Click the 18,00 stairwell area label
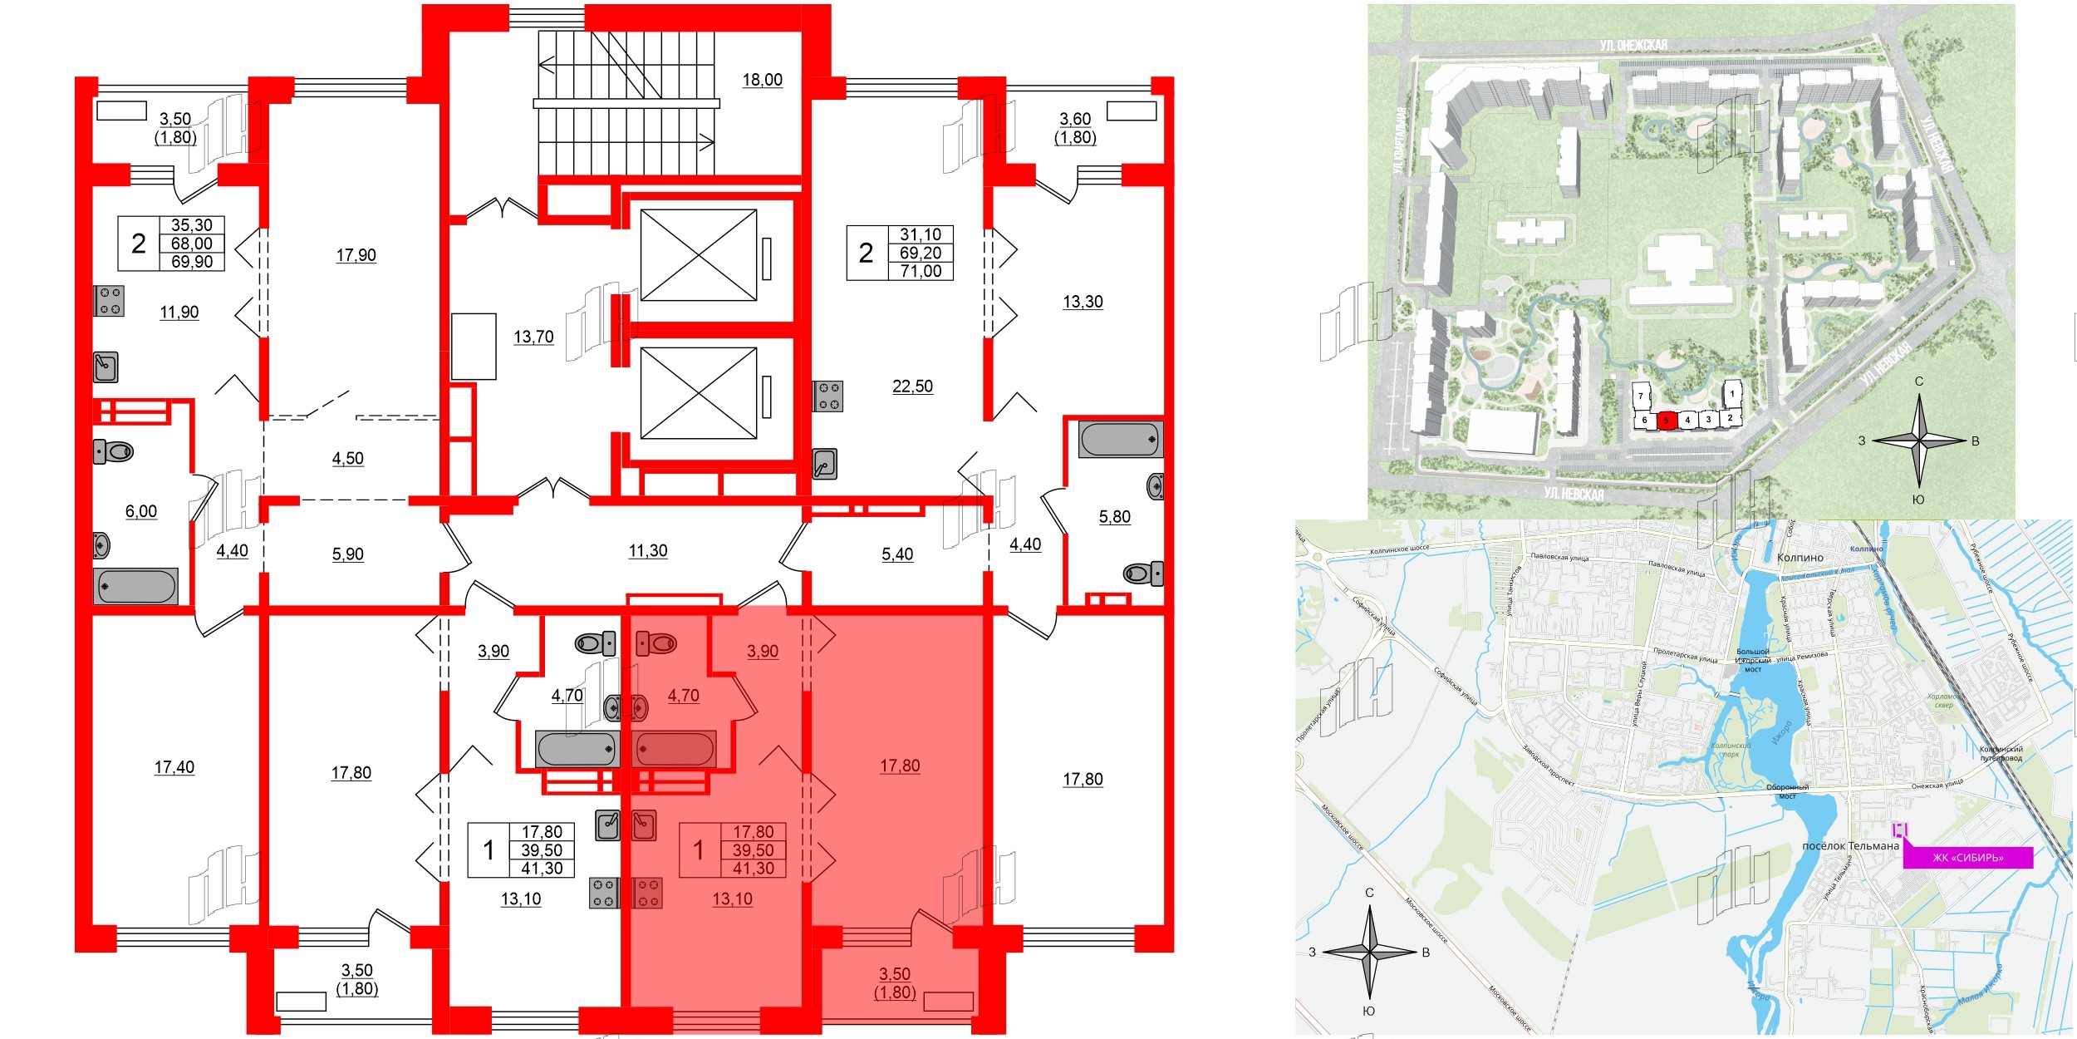(x=762, y=80)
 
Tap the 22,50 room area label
(x=912, y=387)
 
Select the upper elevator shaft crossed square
(x=699, y=255)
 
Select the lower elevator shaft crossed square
(x=699, y=393)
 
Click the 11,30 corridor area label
(x=648, y=550)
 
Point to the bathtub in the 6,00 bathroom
(x=135, y=586)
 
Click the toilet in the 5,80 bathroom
(x=1142, y=573)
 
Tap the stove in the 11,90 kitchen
(x=109, y=301)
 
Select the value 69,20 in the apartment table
(x=921, y=253)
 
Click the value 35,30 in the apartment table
(x=192, y=225)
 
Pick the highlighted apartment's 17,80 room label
(x=900, y=766)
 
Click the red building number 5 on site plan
(x=1666, y=421)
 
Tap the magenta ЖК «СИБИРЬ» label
(x=1967, y=858)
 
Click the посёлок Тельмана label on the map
(x=1850, y=845)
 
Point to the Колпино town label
(x=1800, y=558)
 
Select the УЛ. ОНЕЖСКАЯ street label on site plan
(x=1633, y=45)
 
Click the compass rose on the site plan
(x=1919, y=441)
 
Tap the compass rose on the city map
(x=1369, y=952)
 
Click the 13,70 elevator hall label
(x=533, y=337)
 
